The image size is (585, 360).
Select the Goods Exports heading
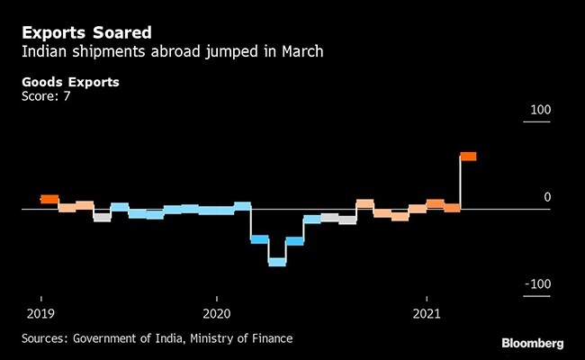pyautogui.click(x=71, y=82)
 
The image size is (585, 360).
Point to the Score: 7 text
pyautogui.click(x=46, y=95)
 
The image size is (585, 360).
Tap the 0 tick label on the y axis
pyautogui.click(x=544, y=197)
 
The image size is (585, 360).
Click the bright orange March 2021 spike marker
pyautogui.click(x=468, y=157)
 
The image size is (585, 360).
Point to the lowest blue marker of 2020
pyautogui.click(x=277, y=261)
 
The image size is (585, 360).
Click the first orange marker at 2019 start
pyautogui.click(x=49, y=199)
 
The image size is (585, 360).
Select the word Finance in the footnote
pyautogui.click(x=272, y=338)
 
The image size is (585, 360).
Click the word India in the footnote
pyautogui.click(x=172, y=338)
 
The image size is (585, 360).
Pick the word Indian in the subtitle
pyautogui.click(x=44, y=51)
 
